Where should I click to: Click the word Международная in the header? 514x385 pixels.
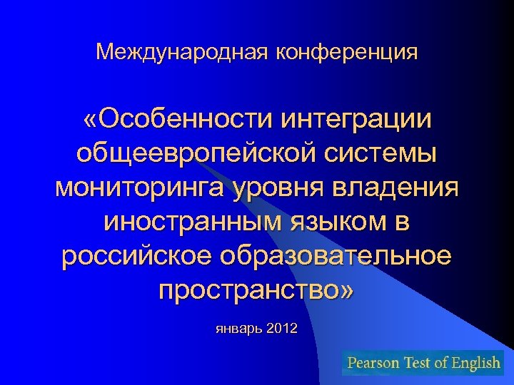178,51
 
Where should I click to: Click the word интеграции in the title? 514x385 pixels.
356,119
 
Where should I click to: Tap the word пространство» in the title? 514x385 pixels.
256,290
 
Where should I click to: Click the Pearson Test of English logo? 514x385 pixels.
423,363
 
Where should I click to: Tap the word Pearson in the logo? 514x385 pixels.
373,363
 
